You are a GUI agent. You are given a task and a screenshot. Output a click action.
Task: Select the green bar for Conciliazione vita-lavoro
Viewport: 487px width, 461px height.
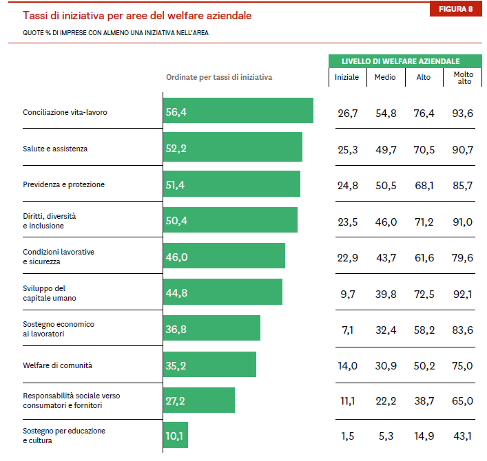[x=238, y=111]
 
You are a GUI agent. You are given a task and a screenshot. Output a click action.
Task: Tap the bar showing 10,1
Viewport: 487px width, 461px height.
[x=176, y=435]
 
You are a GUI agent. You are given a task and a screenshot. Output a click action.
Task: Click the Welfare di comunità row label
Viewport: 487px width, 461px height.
[x=57, y=365]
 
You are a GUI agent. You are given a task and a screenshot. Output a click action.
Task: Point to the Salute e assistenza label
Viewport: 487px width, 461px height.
[x=55, y=148]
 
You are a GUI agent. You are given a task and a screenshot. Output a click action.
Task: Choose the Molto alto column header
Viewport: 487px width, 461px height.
[x=464, y=78]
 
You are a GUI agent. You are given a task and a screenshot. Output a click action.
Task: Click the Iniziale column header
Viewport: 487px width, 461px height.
[x=346, y=77]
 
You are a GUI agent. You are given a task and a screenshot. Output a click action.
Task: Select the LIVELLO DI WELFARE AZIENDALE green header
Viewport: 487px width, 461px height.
[x=401, y=61]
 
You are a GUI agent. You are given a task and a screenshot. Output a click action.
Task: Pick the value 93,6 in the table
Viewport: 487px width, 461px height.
[x=463, y=113]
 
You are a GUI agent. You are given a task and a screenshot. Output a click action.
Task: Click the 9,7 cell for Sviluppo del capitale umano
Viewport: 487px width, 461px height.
[x=347, y=294]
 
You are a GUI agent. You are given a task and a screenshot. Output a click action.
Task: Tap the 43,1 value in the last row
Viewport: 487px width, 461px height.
[x=463, y=436]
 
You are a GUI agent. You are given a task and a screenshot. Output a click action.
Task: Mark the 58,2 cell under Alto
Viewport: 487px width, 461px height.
[x=424, y=330]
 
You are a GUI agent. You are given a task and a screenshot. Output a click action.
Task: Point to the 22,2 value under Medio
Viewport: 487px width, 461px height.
[x=385, y=400]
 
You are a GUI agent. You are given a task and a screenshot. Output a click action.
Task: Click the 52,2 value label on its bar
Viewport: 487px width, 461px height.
[x=176, y=148]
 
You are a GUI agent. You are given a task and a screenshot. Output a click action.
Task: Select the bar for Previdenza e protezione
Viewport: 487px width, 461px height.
[x=231, y=184]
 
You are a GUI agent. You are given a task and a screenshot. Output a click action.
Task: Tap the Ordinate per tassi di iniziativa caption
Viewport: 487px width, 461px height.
[x=218, y=77]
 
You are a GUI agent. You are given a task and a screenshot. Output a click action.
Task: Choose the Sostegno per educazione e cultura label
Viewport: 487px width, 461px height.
[x=64, y=435]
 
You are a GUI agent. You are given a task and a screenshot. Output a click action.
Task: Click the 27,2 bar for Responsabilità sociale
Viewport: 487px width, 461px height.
[x=199, y=400]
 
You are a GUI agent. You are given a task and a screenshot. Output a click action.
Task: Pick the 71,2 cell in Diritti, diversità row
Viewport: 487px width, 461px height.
[x=424, y=222]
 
